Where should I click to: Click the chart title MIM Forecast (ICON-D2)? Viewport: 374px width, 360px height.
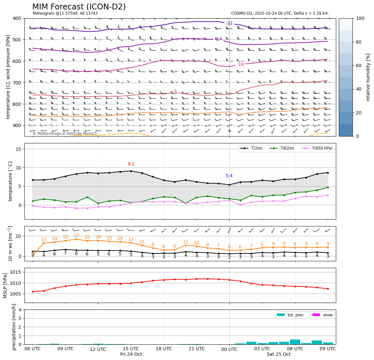coord(79,7)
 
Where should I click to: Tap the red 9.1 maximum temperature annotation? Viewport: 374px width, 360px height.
coord(131,164)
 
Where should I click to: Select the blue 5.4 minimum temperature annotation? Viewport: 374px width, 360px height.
coord(229,176)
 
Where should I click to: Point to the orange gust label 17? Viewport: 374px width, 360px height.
coord(76,236)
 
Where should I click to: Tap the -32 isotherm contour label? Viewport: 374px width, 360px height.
coord(229,23)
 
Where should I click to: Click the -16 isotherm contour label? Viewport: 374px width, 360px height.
coord(240,64)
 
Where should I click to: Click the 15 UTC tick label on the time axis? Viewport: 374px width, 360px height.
coord(131,349)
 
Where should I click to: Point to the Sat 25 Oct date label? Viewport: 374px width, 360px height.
coord(279,354)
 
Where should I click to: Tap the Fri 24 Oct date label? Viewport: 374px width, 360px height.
coord(131,354)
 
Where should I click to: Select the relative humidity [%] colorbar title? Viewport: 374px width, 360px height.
coord(368,77)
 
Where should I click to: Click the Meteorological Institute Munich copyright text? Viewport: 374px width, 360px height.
coord(65,134)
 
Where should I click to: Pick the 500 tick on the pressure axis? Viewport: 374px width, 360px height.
coord(16,40)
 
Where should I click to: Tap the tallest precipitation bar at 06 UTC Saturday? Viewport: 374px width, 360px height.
coord(295,342)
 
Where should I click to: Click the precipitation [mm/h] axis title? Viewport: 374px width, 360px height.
coord(14,327)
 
